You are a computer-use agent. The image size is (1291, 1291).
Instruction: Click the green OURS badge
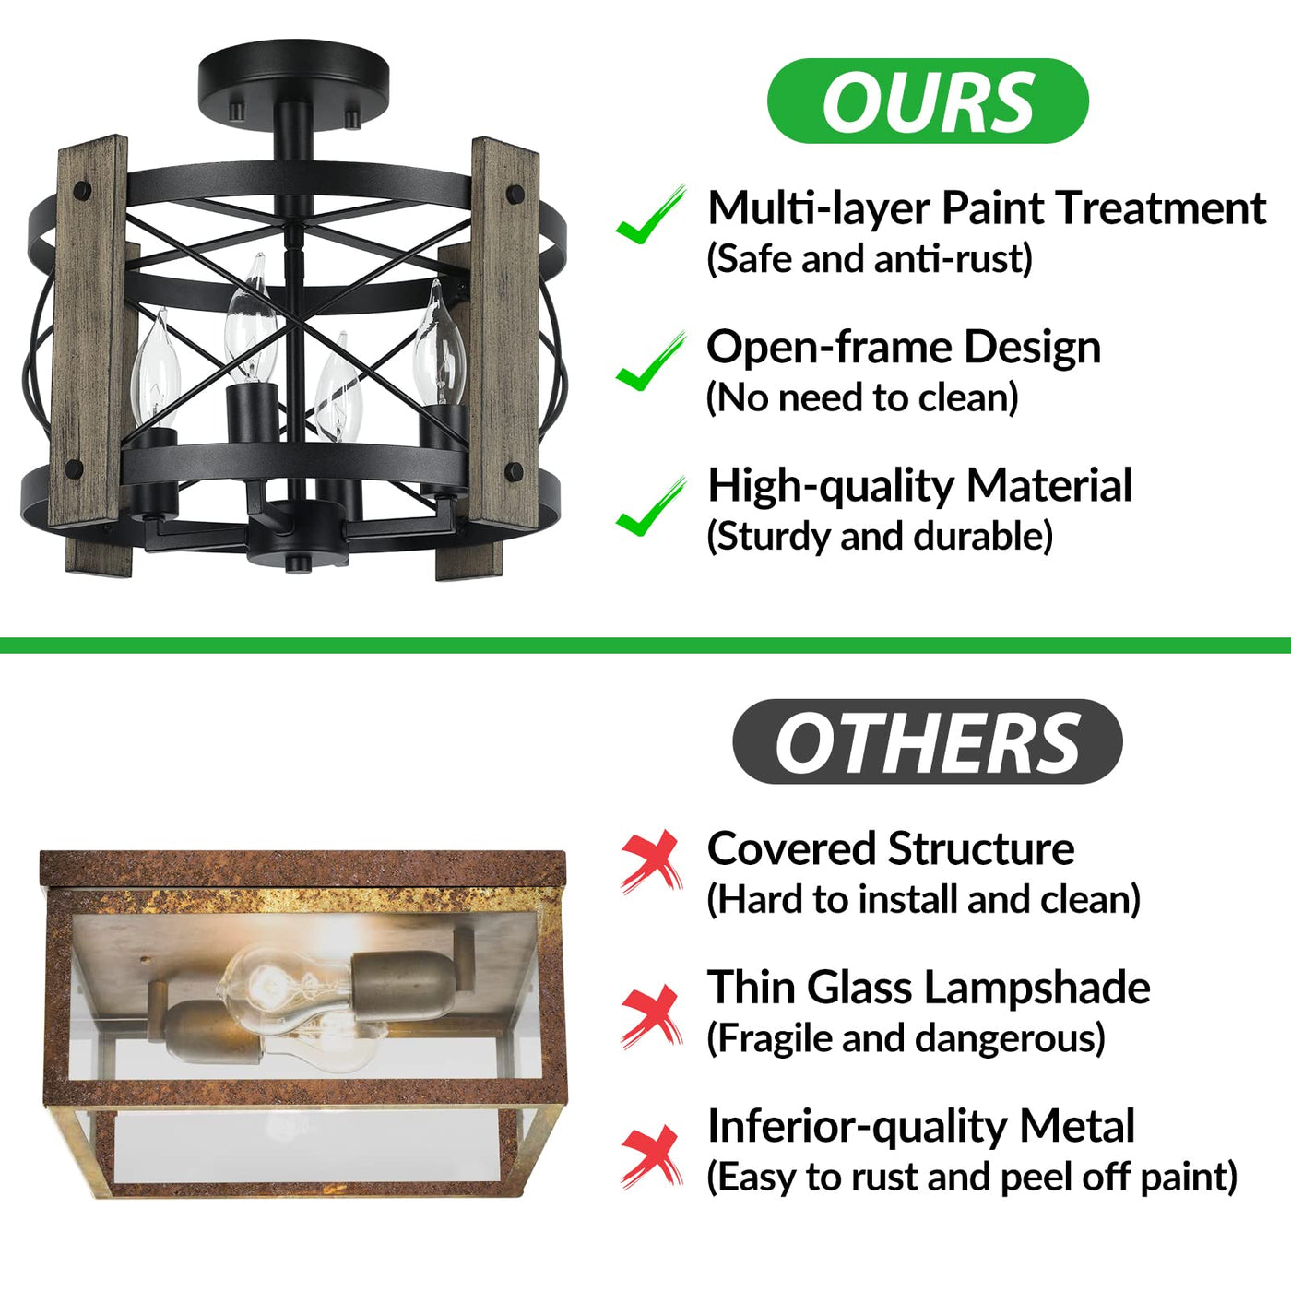[x=928, y=101]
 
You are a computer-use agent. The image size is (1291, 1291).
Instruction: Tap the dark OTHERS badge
[x=928, y=741]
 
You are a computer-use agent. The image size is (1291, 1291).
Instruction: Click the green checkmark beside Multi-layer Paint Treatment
[x=650, y=214]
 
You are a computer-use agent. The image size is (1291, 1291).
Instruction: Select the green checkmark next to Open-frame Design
[x=650, y=361]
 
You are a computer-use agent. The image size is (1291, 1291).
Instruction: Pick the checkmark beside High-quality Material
[x=650, y=506]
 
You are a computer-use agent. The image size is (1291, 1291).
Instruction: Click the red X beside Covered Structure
[x=652, y=861]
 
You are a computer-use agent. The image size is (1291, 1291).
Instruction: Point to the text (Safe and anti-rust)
[x=870, y=258]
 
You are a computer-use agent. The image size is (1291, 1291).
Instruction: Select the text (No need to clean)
[x=862, y=397]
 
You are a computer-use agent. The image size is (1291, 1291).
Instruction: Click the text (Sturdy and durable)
[x=880, y=536]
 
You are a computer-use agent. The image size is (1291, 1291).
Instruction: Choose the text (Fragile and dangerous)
[x=906, y=1037]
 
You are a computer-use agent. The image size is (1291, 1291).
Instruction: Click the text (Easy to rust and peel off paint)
[x=971, y=1177]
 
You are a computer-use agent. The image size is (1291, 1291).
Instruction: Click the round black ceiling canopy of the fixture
[x=293, y=79]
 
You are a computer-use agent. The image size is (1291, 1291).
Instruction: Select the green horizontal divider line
[x=645, y=645]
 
